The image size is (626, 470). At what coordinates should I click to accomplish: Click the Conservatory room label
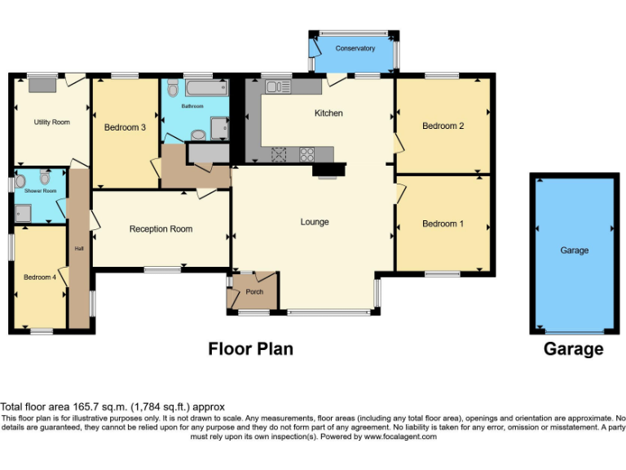(355, 48)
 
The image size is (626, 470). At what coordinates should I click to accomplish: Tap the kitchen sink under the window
(278, 86)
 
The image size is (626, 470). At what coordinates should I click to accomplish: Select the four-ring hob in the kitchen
(309, 153)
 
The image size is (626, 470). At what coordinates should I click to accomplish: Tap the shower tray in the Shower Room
(23, 213)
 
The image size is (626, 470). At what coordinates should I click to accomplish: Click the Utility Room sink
(39, 83)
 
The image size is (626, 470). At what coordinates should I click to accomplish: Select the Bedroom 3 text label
(125, 128)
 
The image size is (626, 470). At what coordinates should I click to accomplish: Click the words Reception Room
(161, 229)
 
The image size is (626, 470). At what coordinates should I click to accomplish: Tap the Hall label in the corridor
(79, 249)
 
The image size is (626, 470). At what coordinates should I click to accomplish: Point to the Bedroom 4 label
(39, 277)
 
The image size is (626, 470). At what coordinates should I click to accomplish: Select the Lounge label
(315, 222)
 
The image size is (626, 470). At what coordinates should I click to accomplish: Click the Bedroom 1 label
(443, 224)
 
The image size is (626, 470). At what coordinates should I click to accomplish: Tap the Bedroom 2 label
(443, 126)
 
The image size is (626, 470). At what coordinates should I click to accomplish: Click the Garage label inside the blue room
(574, 251)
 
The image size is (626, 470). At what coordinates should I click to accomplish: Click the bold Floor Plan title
(250, 349)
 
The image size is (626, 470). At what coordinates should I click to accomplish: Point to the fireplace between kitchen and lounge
(329, 171)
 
